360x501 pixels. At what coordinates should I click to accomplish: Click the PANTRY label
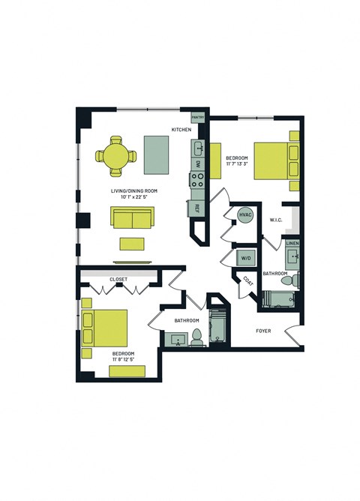point(198,118)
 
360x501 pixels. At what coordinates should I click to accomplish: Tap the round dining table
point(116,156)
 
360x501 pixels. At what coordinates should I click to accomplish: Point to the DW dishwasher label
point(198,163)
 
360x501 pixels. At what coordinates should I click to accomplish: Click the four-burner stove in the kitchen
point(198,180)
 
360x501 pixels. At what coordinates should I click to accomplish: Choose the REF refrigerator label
point(198,207)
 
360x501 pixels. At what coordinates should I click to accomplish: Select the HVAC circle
point(244,215)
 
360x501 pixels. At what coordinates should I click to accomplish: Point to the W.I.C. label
point(274,220)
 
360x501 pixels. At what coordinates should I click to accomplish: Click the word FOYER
point(264,331)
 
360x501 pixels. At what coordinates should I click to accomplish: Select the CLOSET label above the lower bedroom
point(118,279)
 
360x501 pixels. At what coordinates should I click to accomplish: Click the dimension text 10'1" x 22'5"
point(134,198)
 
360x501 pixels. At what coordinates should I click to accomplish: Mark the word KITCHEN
point(181,130)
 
